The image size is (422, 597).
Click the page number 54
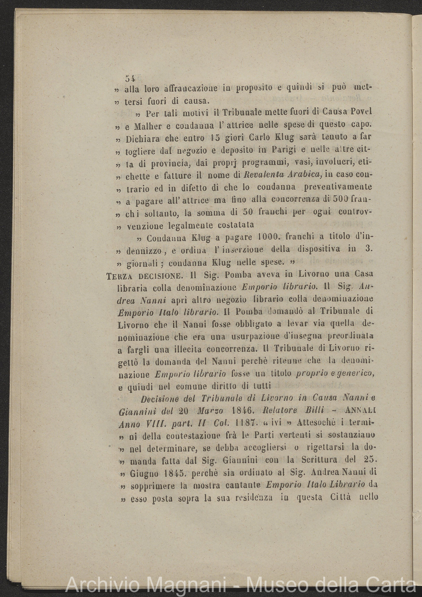tap(131, 78)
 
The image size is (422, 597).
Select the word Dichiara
tap(144, 138)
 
